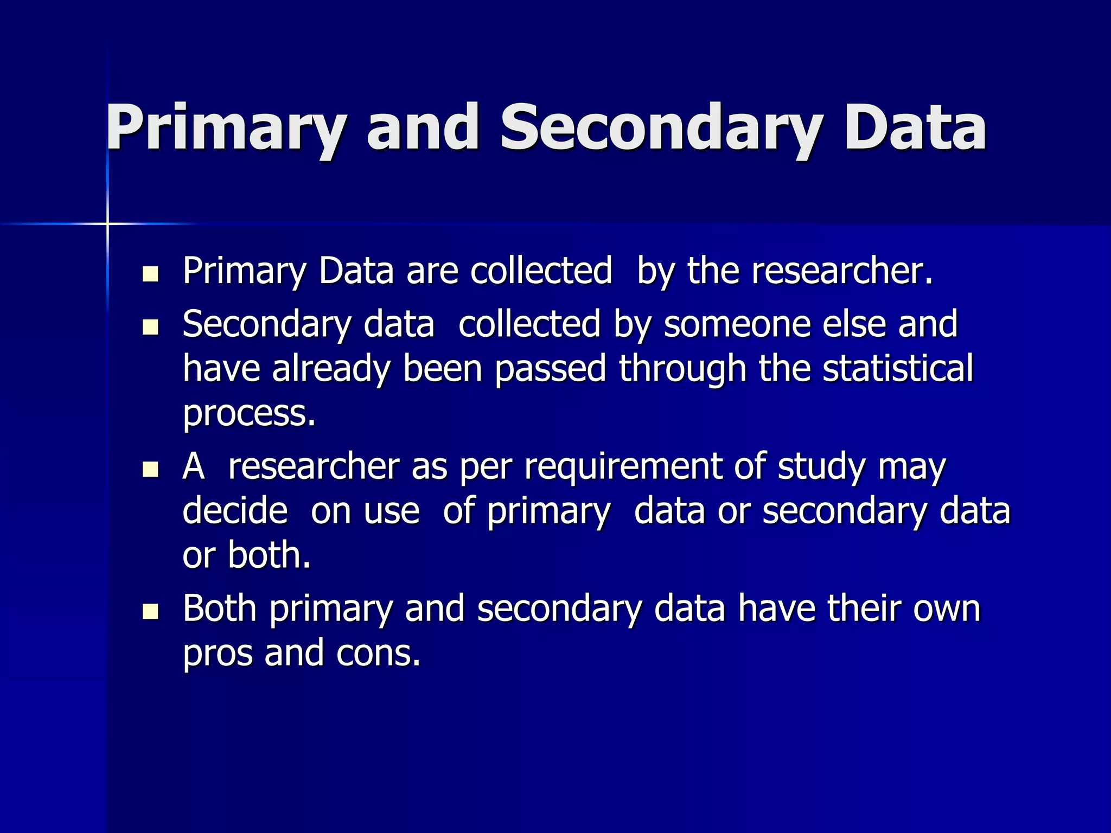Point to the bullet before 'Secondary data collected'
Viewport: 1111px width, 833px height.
point(150,327)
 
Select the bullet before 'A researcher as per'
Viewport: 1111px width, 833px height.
point(150,469)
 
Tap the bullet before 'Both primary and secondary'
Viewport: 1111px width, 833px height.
point(150,611)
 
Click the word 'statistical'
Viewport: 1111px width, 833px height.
point(898,369)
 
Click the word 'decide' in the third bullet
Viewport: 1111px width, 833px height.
point(235,511)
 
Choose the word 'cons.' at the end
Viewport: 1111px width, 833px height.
point(378,653)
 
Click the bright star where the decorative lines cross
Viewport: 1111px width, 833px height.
point(107,223)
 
